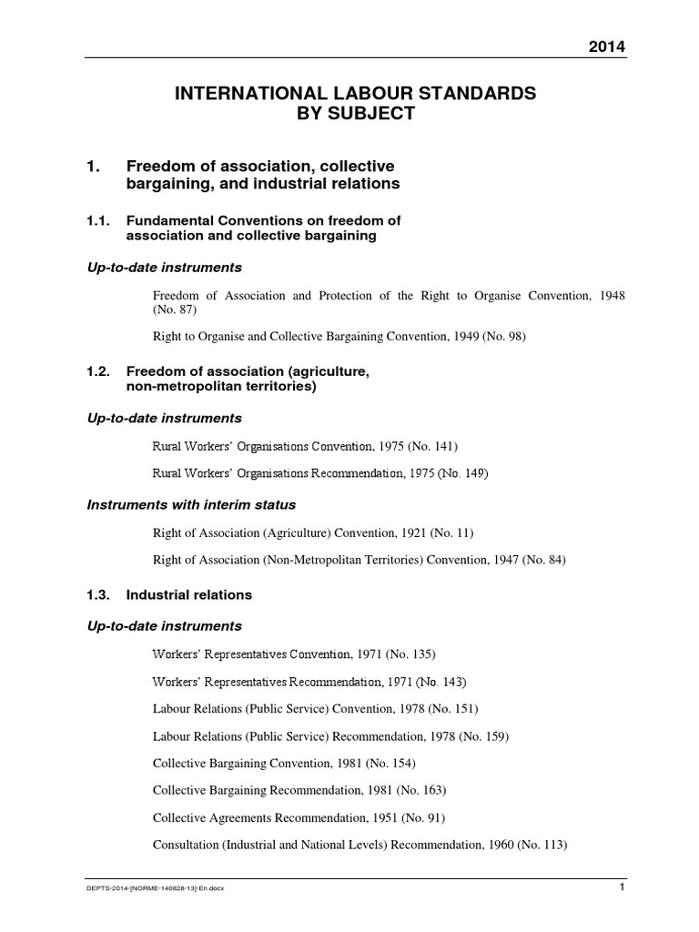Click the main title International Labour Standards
tap(349, 93)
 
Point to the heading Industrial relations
tap(188, 594)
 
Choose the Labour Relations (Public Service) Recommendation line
tap(330, 735)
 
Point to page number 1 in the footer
tap(621, 888)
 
